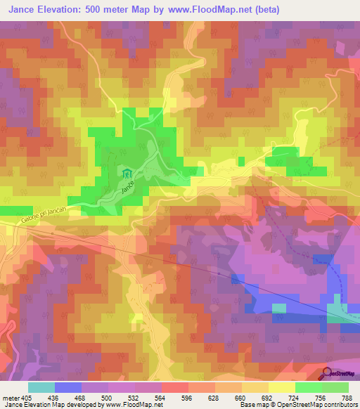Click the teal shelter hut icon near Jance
point(127,174)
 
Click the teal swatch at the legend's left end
point(41,387)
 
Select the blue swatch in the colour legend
point(68,387)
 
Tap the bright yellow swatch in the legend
point(281,387)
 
